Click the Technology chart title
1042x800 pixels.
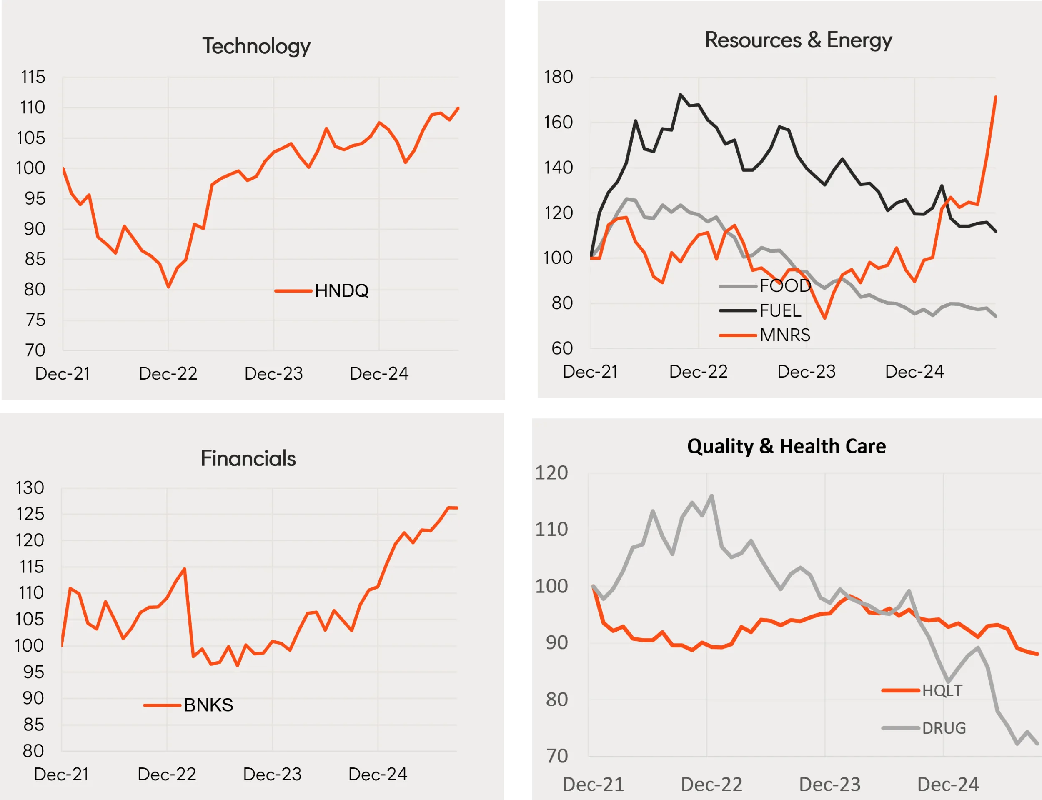tap(256, 46)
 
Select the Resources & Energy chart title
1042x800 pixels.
tap(798, 40)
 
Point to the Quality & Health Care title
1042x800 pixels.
tap(786, 446)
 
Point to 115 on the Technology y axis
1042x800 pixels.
tap(33, 77)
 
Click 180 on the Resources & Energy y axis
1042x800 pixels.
tap(558, 77)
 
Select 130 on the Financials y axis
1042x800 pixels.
tap(30, 487)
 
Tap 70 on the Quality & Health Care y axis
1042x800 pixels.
tap(557, 756)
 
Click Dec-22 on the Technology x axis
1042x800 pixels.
tap(168, 373)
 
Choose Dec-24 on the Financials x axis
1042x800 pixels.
tap(378, 774)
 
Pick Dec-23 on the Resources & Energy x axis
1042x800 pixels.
tap(806, 371)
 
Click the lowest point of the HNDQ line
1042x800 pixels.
tap(168, 287)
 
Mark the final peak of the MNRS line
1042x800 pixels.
tap(995, 97)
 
